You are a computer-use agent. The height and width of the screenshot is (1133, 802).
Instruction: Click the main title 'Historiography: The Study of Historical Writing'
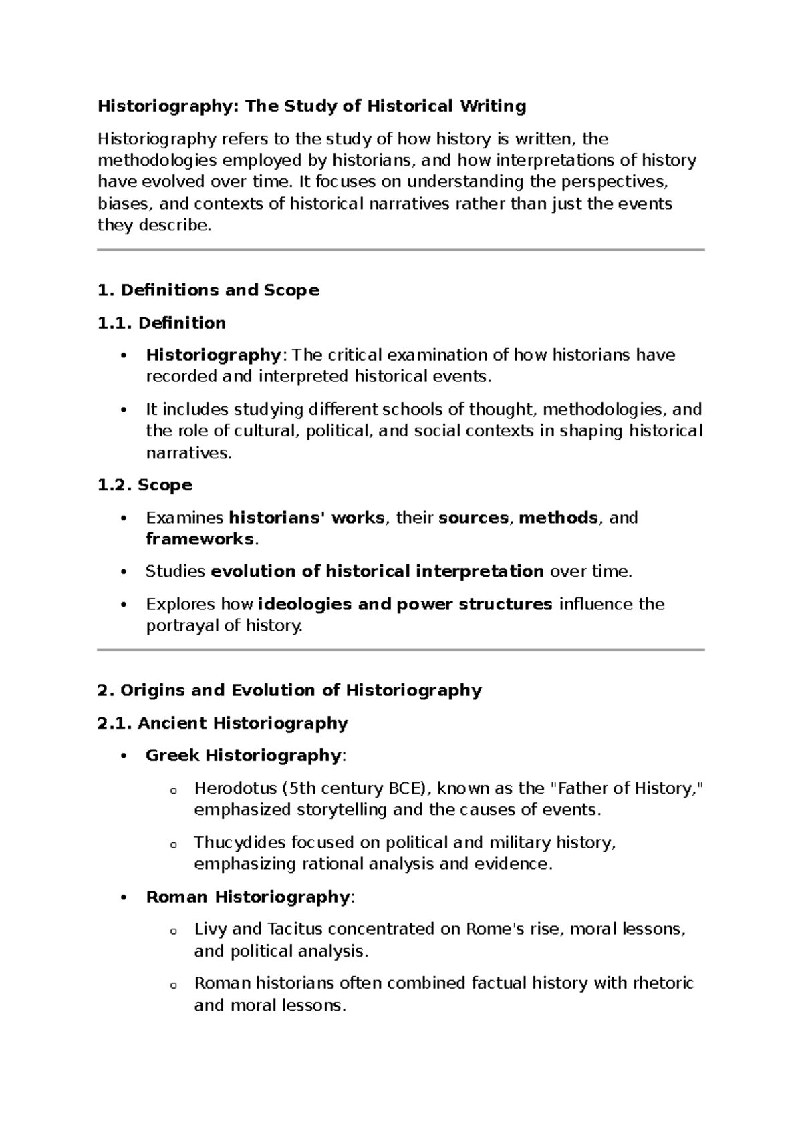point(311,106)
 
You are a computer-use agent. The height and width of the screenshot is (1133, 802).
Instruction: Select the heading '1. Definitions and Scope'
point(208,290)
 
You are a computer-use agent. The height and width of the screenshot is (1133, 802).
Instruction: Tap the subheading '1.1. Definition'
point(161,323)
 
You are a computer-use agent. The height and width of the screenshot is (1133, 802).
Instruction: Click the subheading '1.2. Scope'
point(144,485)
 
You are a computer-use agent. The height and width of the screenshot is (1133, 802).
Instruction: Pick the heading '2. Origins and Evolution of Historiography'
point(289,690)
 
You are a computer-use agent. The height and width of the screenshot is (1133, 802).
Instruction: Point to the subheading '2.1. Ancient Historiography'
point(222,723)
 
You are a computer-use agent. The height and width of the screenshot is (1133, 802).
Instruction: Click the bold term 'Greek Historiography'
point(243,756)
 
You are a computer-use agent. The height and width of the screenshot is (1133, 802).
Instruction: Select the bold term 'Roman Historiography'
point(247,897)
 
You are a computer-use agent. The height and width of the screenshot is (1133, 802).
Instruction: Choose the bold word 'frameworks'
point(199,539)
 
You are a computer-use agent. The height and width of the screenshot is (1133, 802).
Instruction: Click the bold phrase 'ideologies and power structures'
point(404,605)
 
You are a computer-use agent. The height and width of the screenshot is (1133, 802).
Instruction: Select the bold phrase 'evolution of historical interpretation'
point(377,572)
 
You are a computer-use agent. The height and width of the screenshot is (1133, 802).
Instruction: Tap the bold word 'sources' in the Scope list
point(473,518)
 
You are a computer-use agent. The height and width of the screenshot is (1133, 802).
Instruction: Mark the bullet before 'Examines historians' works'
point(122,518)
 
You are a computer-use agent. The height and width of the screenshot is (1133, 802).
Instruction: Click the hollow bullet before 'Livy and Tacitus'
point(173,931)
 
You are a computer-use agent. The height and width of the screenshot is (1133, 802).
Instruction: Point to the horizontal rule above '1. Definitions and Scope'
point(400,250)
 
